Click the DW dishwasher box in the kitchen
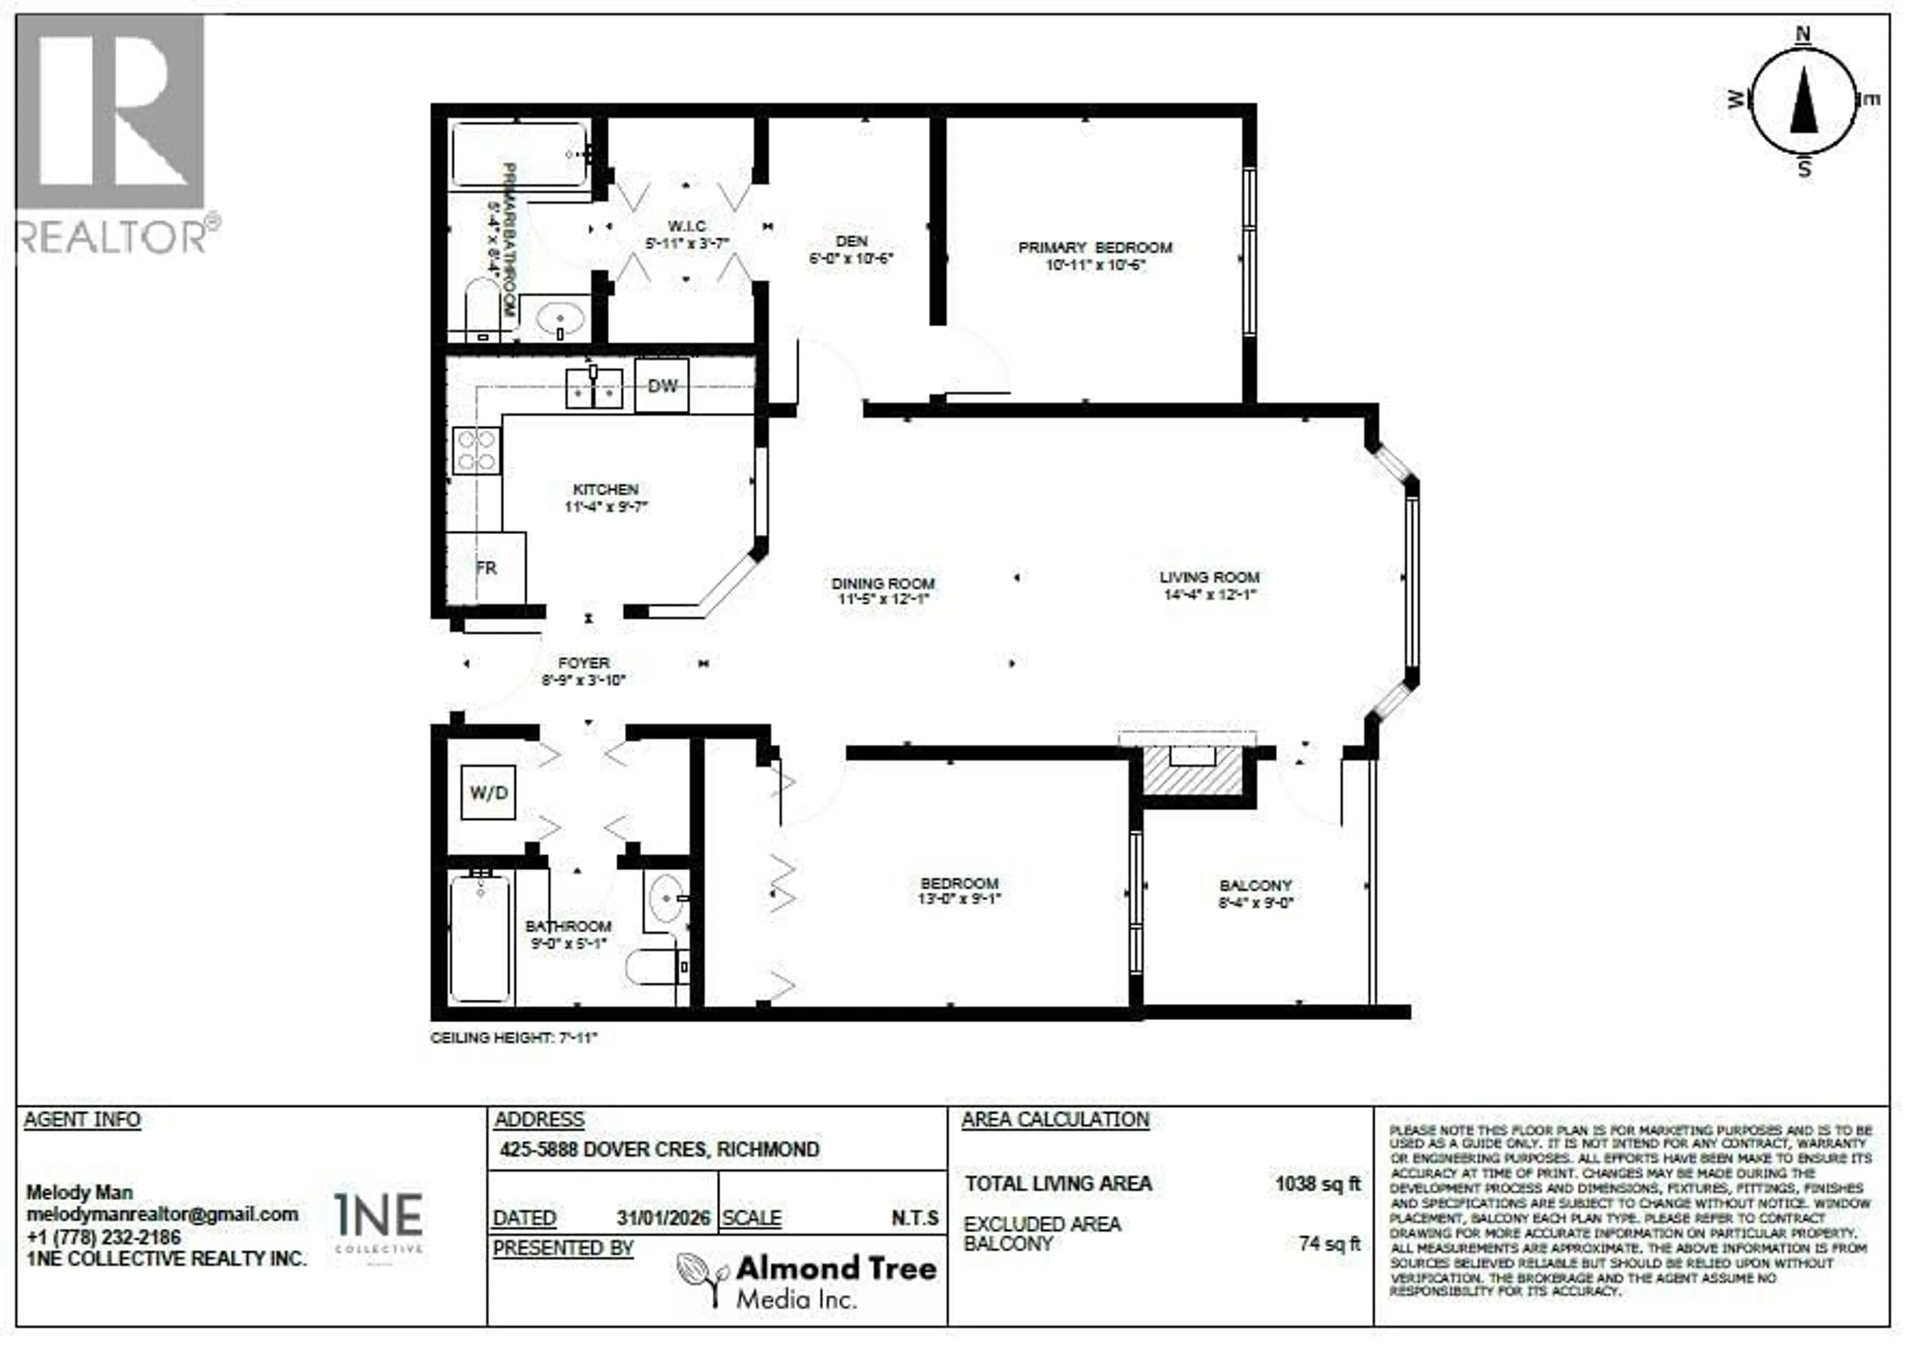point(662,386)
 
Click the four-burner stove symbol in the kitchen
point(477,451)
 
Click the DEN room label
point(851,241)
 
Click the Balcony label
point(1255,886)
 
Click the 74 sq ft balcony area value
point(1330,1244)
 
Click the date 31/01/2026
point(663,1218)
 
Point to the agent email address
point(162,1215)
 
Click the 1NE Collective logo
point(379,1221)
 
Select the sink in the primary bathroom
point(560,318)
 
